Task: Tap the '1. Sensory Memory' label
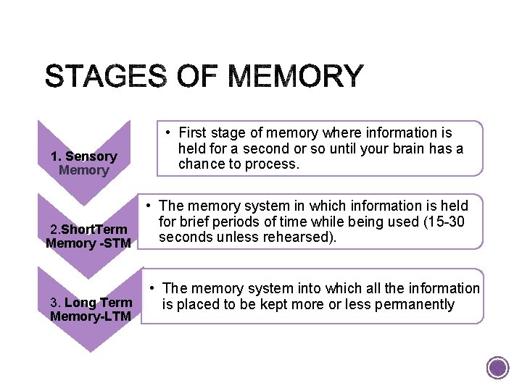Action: tap(83, 163)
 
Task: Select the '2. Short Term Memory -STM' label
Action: tap(88, 237)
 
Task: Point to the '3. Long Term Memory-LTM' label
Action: tap(91, 309)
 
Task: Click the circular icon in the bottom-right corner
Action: tap(497, 368)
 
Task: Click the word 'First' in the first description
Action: tap(193, 133)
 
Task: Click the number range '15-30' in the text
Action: tap(446, 222)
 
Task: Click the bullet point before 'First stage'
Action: tap(167, 133)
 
